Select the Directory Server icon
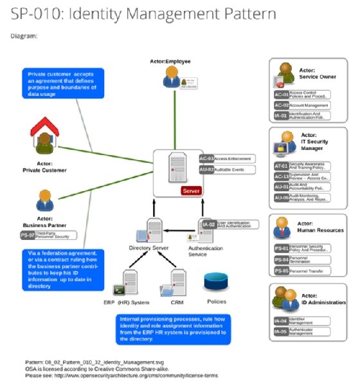tap(153, 230)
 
